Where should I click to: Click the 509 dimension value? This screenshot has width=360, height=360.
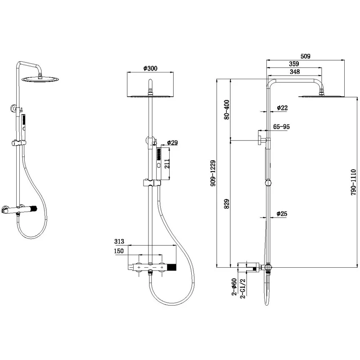click(306, 56)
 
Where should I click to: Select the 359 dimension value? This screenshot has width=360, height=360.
click(294, 64)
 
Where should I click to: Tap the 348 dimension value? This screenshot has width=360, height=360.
click(295, 72)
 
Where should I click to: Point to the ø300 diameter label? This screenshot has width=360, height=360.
click(150, 68)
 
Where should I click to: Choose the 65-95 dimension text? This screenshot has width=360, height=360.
click(281, 127)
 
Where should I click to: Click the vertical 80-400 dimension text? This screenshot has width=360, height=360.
click(227, 109)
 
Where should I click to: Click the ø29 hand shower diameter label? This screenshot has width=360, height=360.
click(172, 143)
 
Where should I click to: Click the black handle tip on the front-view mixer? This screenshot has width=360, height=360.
click(171, 268)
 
